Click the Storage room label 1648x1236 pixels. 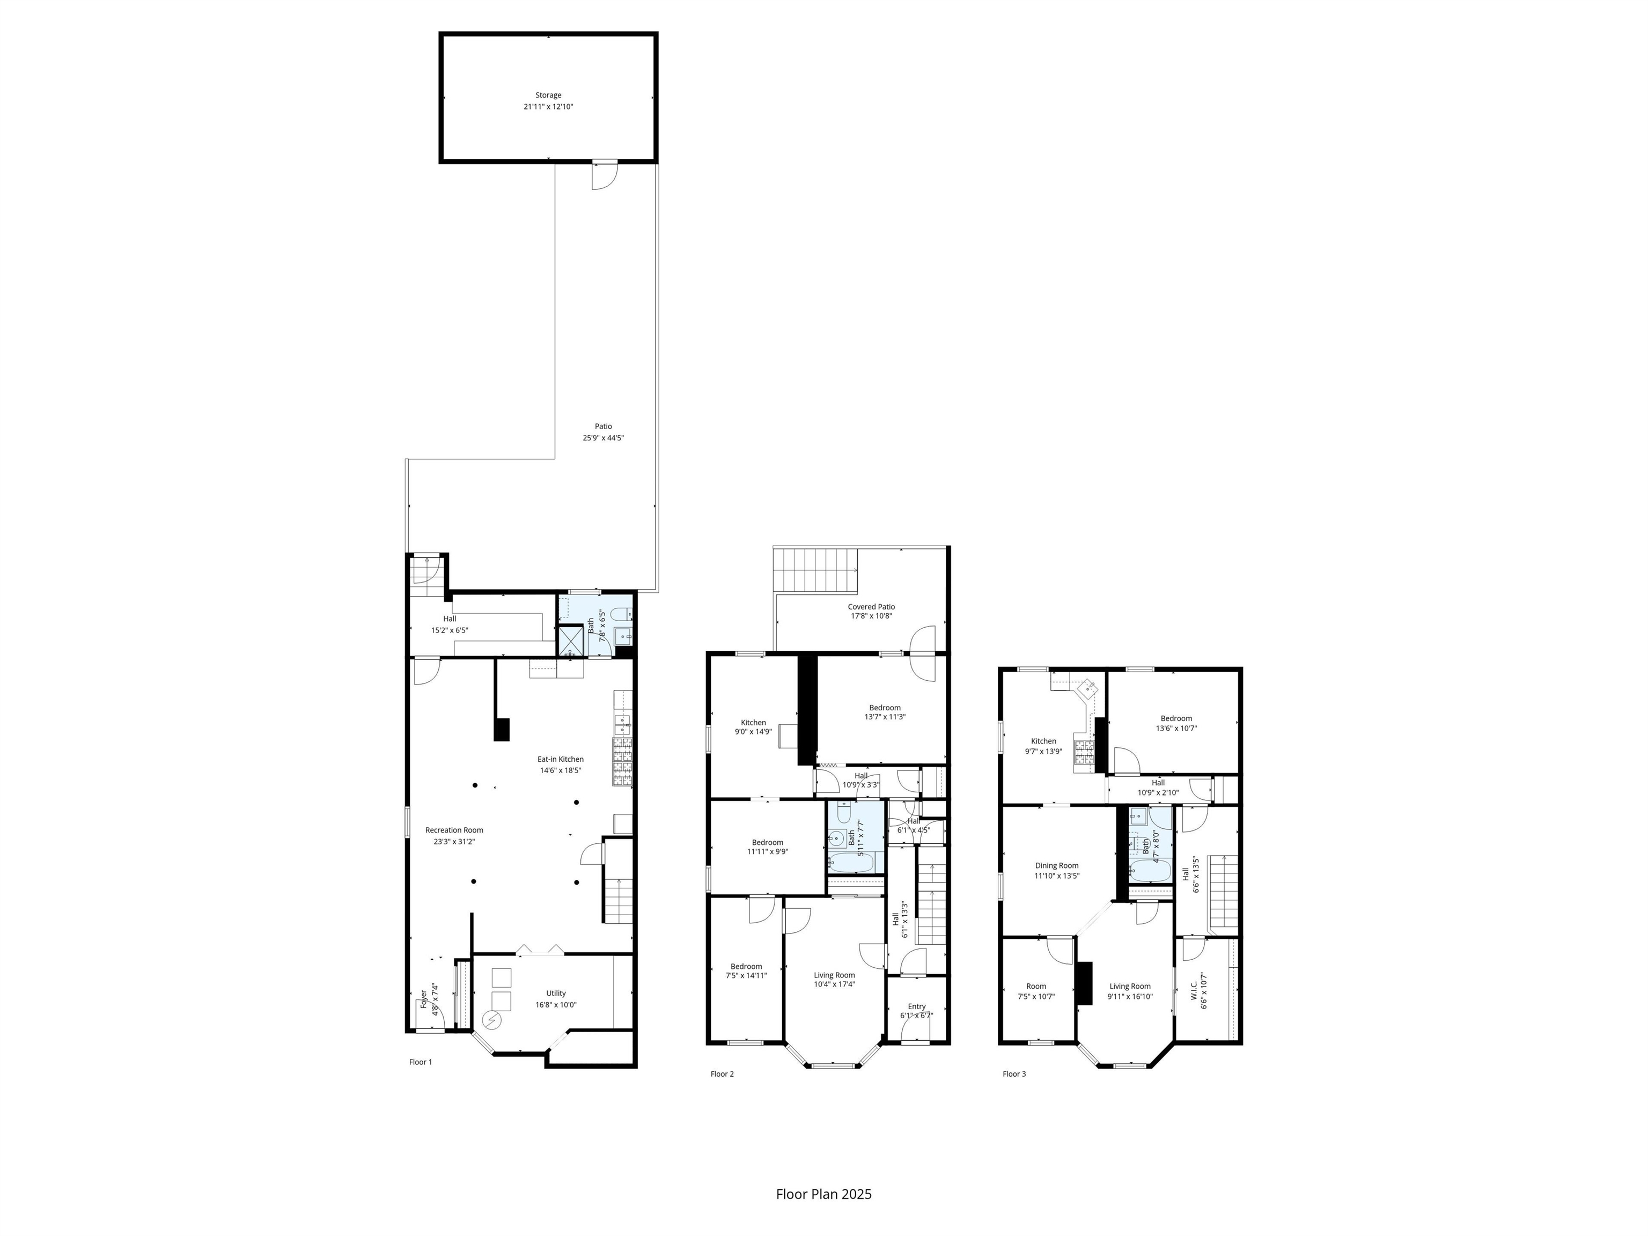coord(548,95)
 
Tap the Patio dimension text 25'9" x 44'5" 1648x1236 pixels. coord(604,438)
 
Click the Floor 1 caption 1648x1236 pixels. coord(420,1062)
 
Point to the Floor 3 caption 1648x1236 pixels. coord(1014,1073)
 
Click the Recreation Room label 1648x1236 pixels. coord(454,830)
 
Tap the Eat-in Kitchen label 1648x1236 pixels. coord(561,759)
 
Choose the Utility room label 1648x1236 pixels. coord(556,993)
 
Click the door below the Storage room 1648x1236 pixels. coord(604,176)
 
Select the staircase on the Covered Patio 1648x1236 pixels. coord(816,570)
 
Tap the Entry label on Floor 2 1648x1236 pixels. coord(916,1006)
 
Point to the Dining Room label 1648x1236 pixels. coord(1056,866)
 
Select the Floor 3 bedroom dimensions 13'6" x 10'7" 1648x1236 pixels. coord(1176,729)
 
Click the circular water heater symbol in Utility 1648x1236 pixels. coord(492,1019)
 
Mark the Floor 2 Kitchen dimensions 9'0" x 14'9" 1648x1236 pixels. coord(753,732)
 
